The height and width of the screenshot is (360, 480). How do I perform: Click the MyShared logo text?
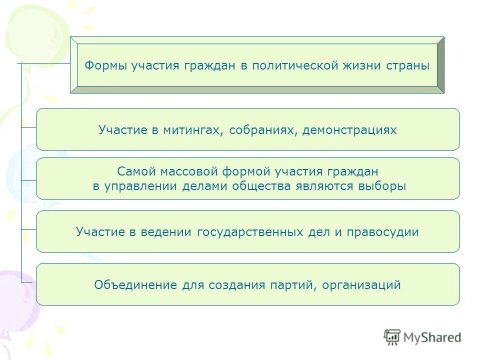[x=432, y=337]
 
